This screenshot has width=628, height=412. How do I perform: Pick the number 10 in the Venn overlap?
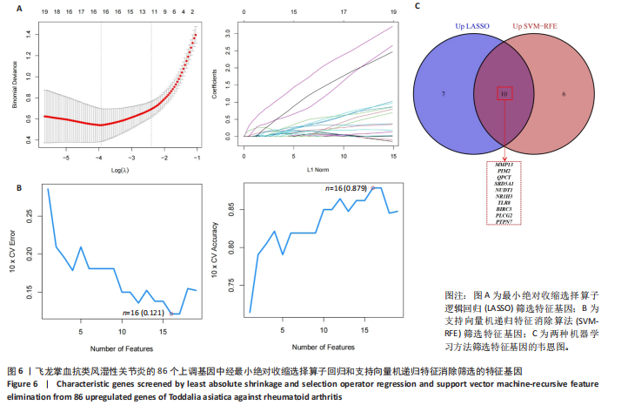pos(504,91)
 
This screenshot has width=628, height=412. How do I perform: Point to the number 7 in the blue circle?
pos(444,91)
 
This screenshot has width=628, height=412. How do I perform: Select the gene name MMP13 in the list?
pos(504,163)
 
